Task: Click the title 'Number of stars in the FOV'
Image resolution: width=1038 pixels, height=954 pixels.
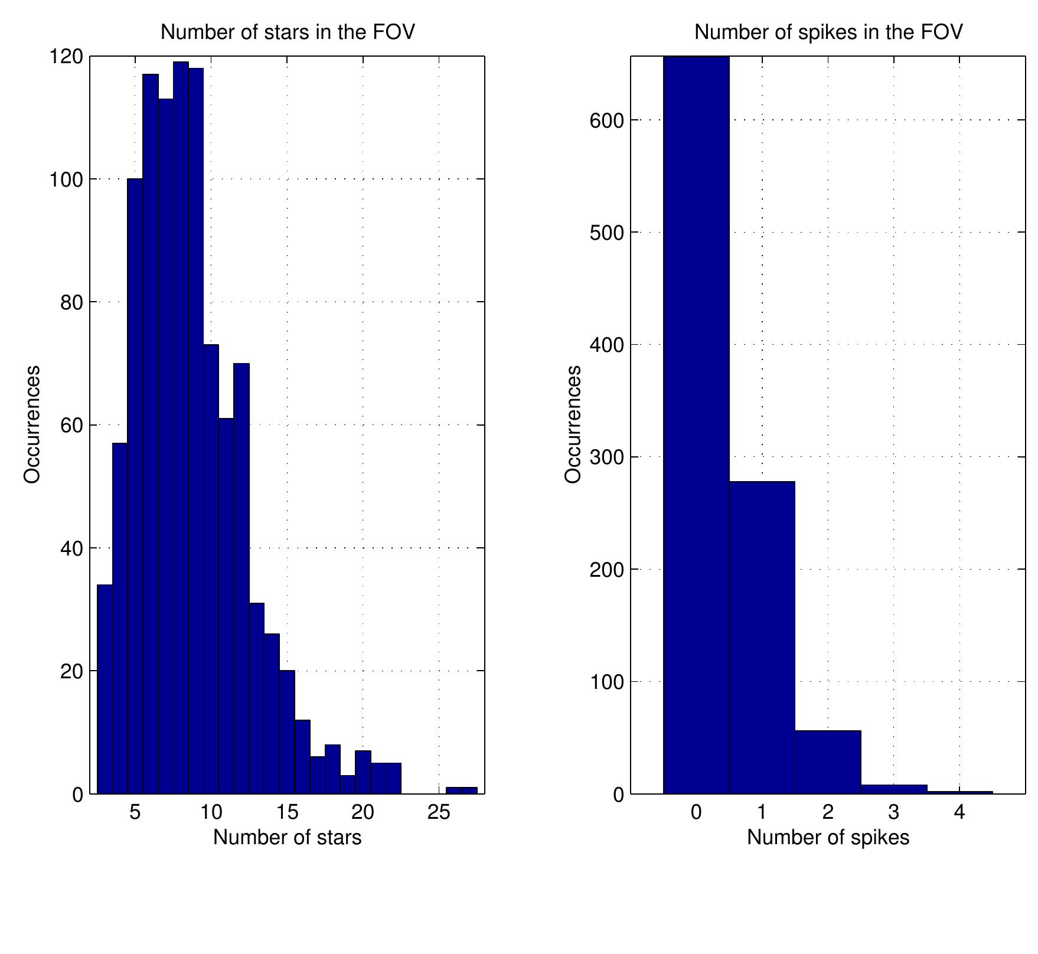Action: [288, 32]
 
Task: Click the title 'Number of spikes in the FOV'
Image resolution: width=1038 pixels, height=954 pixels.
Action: [828, 32]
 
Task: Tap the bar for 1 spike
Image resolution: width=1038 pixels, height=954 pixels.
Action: [762, 638]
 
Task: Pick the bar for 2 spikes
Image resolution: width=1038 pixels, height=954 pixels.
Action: [828, 762]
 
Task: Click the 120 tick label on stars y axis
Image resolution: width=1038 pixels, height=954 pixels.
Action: [66, 57]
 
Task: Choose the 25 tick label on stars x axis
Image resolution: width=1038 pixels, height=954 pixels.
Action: [439, 812]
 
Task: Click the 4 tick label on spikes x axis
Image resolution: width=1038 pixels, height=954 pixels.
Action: [959, 812]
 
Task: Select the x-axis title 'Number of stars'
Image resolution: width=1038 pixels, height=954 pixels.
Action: [287, 837]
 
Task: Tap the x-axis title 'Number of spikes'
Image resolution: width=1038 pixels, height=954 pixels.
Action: [828, 837]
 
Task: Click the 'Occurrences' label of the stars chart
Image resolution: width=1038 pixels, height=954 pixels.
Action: [32, 424]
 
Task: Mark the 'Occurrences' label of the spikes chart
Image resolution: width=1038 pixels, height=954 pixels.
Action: [573, 424]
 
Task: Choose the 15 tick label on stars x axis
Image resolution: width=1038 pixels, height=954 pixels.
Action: [287, 812]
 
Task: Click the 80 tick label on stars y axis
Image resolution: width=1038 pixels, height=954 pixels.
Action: [71, 303]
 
